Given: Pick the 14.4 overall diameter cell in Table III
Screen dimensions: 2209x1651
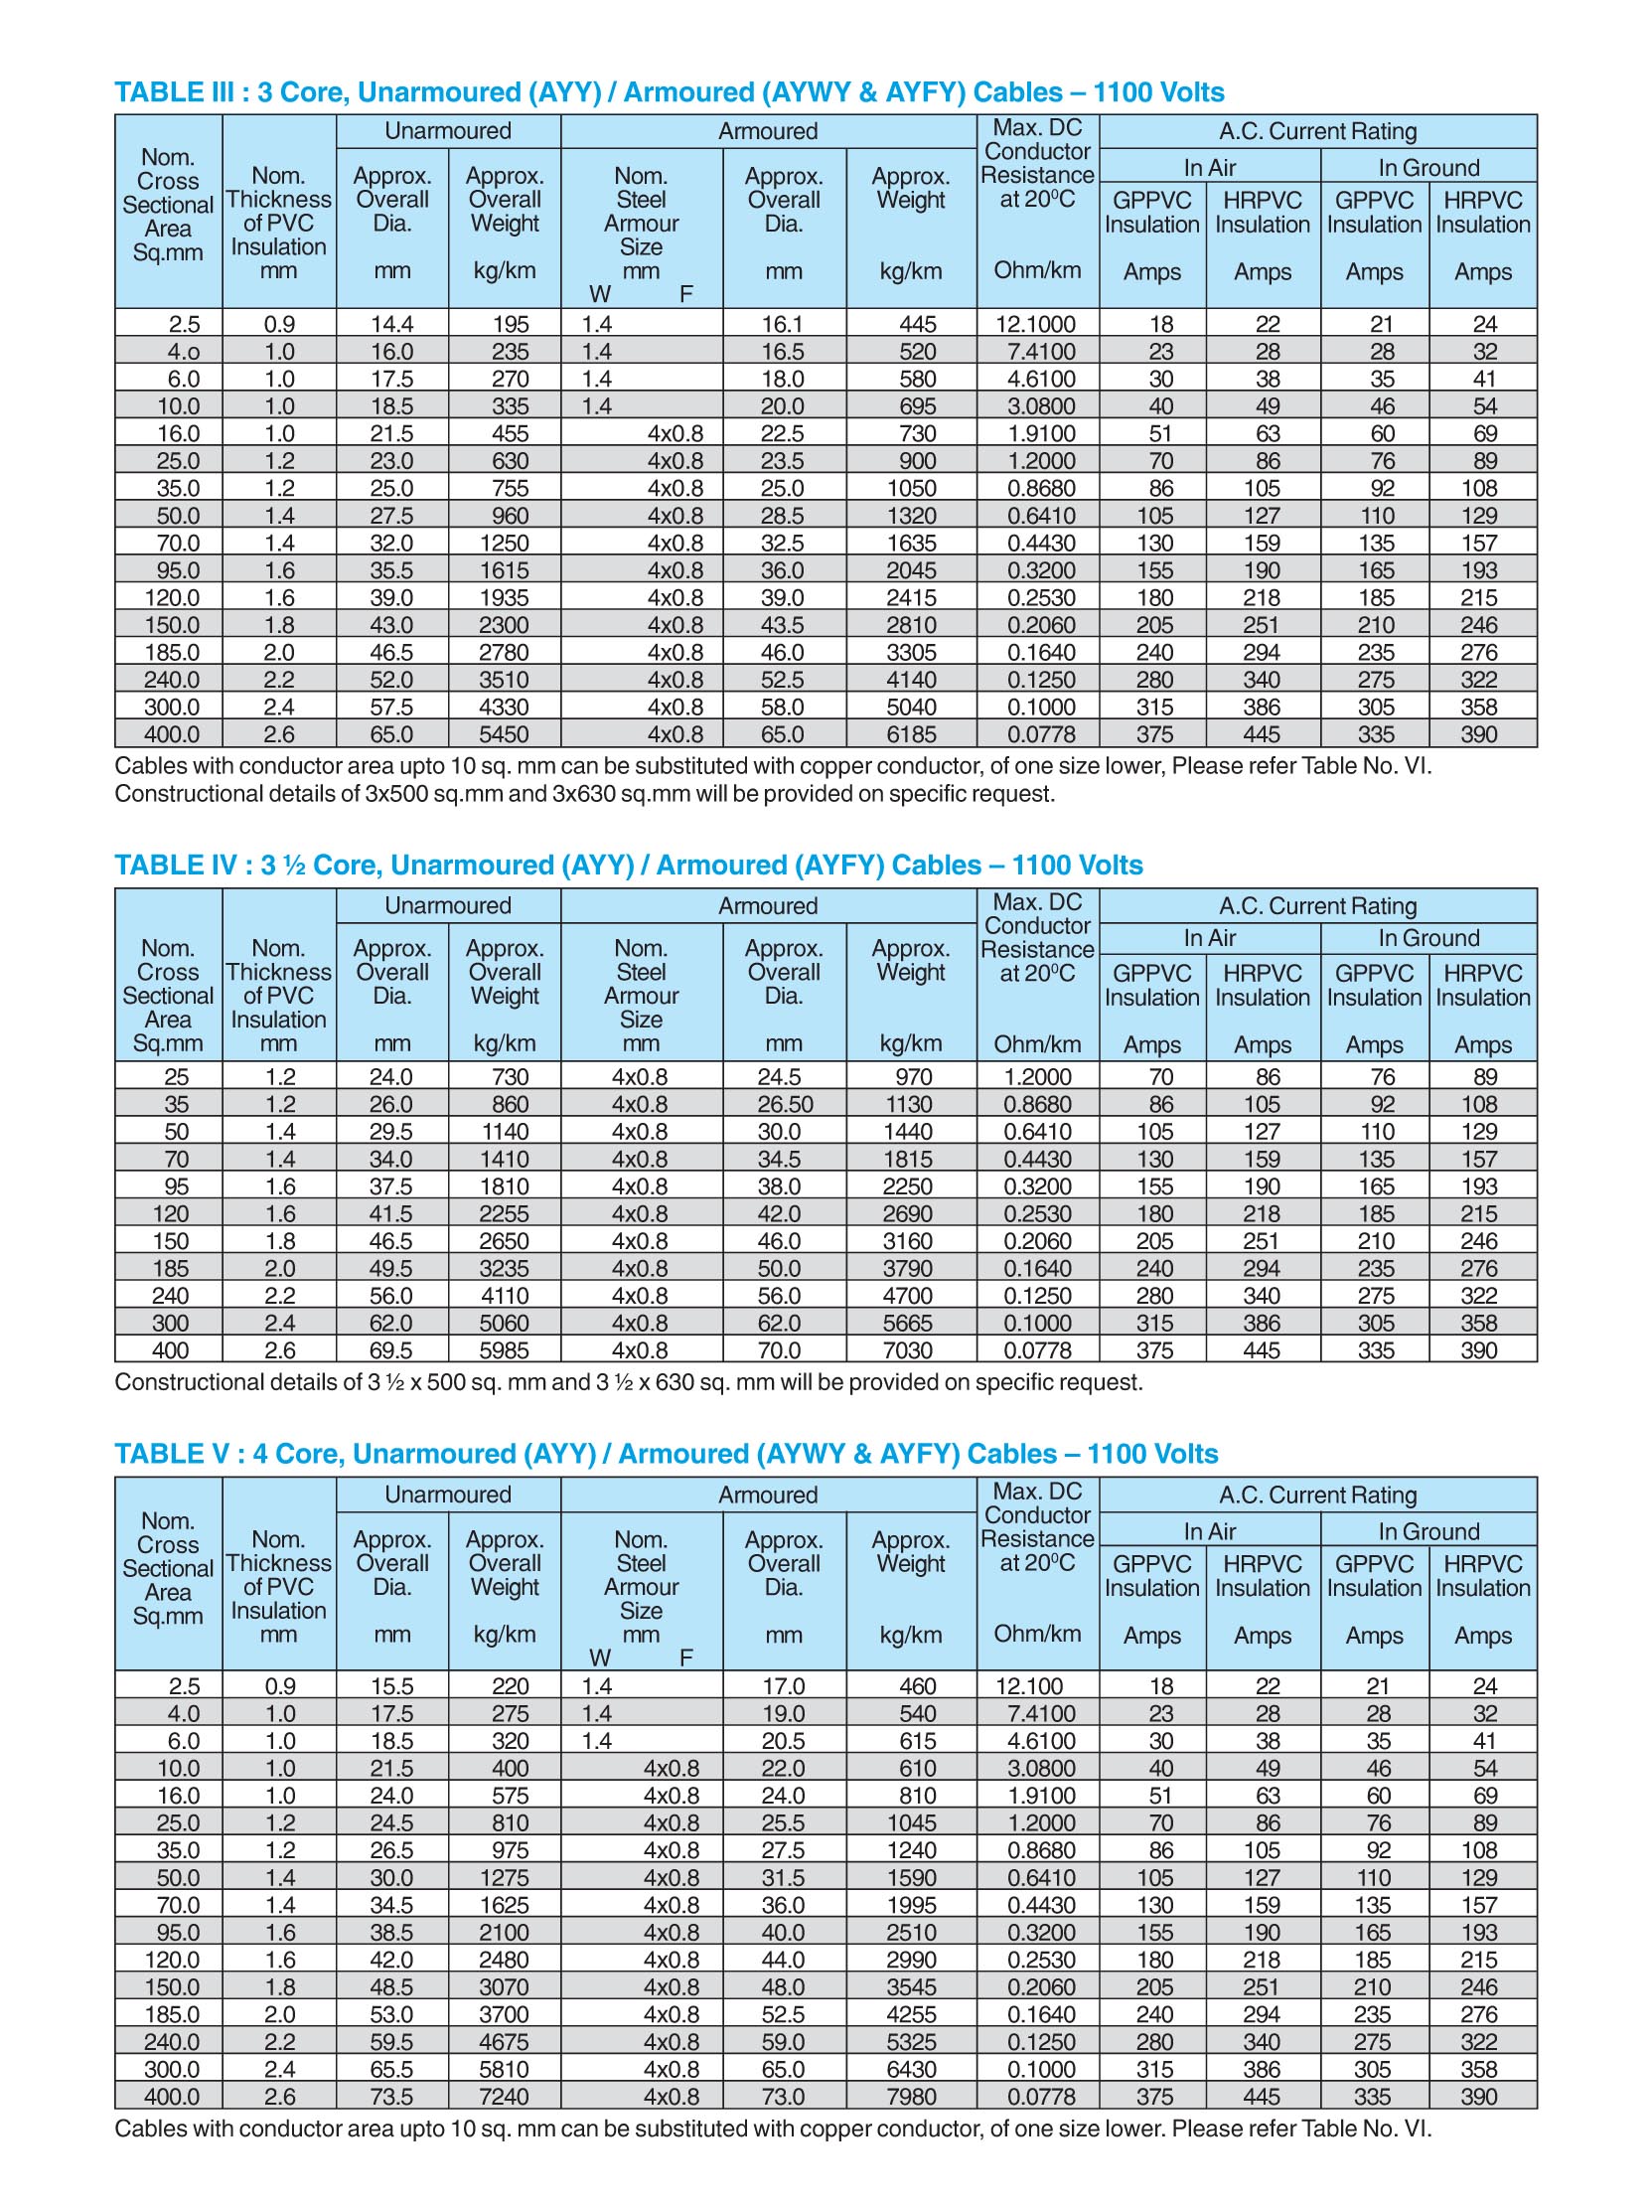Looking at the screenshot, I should point(392,324).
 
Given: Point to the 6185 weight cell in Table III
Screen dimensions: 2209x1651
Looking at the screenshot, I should point(911,734).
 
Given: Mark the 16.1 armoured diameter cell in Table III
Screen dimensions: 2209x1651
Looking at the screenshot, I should point(783,324).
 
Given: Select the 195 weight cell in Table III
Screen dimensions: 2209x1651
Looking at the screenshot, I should point(510,324).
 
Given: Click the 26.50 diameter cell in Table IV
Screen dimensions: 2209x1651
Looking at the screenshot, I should point(785,1103).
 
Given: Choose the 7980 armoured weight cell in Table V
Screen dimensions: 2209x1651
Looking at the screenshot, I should point(911,2096).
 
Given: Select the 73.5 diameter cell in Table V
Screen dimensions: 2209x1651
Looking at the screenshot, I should point(392,2096).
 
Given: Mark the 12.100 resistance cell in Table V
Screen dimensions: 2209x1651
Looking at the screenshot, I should point(1029,1685).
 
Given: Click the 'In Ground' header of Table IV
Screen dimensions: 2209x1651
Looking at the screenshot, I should point(1428,938).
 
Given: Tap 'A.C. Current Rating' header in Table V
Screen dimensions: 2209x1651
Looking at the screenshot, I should point(1317,1495).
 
